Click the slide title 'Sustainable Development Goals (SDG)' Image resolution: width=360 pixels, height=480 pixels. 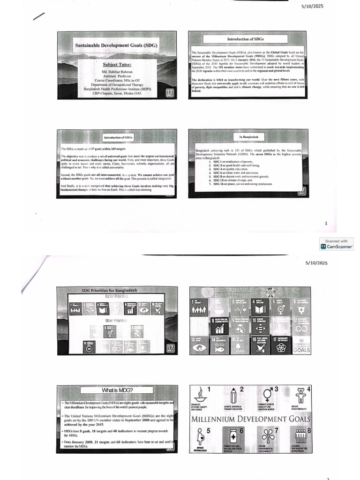point(116,46)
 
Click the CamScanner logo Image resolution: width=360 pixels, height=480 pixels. point(337,246)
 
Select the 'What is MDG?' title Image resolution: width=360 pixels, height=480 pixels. point(116,390)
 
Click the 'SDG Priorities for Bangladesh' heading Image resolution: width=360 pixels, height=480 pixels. point(109,291)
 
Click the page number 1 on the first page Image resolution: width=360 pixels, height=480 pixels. point(326,224)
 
